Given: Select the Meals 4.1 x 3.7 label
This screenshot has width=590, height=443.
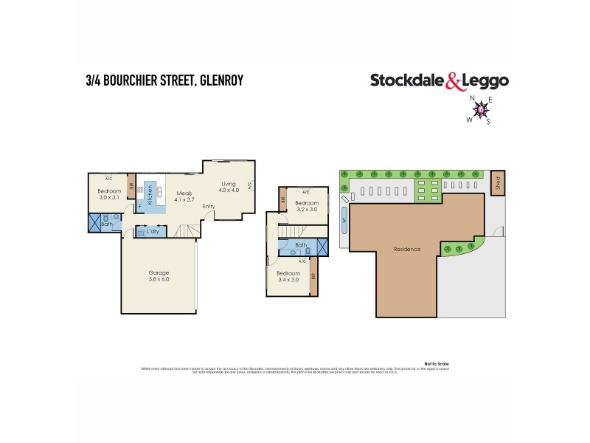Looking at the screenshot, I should coord(184,196).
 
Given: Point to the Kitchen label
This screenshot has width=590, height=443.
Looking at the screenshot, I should coord(150,196).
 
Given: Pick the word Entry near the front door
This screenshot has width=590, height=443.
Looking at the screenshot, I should coord(209,206).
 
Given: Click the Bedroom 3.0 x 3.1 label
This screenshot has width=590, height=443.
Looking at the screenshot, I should coord(109,194).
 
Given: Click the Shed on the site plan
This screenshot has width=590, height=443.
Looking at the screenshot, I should coord(499,181).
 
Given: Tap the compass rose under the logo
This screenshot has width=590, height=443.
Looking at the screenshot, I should coord(482,110).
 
